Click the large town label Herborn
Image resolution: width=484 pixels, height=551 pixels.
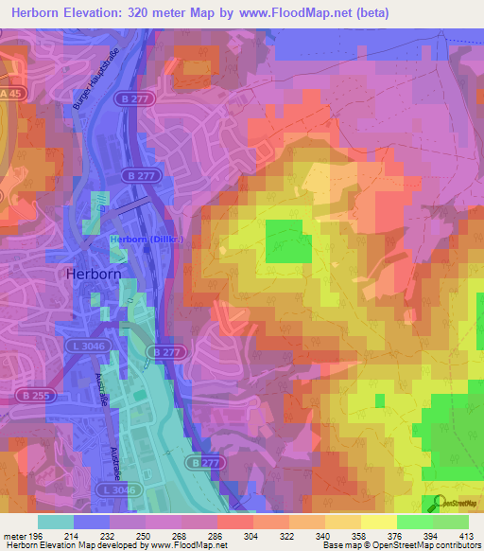click(95, 273)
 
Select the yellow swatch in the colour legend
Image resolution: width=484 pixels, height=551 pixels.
click(377, 522)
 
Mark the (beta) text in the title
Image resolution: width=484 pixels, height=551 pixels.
click(370, 14)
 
